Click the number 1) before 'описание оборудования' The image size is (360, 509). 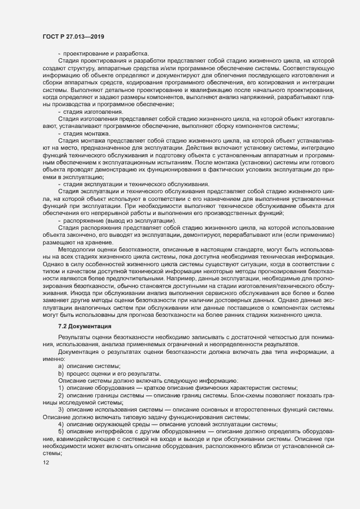coord(62,387)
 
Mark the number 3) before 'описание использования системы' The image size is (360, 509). coord(62,409)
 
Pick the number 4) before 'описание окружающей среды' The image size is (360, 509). coord(62,424)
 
